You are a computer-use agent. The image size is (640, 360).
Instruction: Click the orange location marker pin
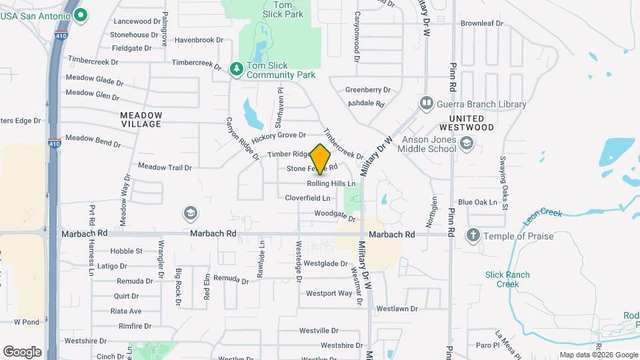[x=321, y=159]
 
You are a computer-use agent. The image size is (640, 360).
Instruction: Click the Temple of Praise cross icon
[x=473, y=235]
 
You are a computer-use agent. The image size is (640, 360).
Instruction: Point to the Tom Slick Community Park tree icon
[x=235, y=69]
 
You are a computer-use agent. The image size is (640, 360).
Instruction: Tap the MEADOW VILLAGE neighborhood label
[x=141, y=119]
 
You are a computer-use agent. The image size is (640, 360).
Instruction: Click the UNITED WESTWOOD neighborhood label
[x=467, y=123]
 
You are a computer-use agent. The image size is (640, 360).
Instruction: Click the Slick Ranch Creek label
[x=507, y=279]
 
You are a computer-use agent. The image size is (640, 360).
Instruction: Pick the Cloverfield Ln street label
[x=307, y=198]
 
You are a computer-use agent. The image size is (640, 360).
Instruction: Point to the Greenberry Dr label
[x=367, y=90]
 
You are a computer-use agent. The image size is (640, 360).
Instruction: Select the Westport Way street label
[x=329, y=293]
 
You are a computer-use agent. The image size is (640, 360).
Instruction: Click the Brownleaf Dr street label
[x=481, y=23]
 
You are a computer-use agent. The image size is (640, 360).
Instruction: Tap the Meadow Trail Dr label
[x=165, y=166]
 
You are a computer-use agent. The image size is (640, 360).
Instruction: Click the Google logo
[x=22, y=351]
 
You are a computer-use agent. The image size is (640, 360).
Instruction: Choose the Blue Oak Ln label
[x=477, y=202]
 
